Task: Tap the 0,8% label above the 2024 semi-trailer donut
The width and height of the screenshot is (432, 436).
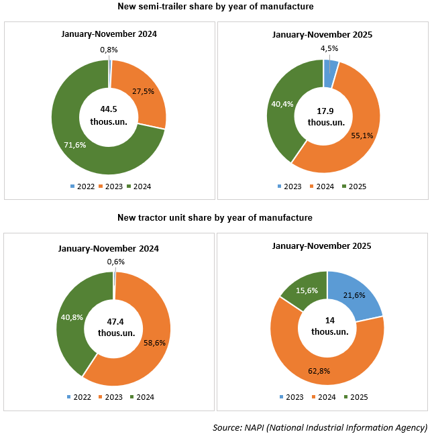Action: click(109, 49)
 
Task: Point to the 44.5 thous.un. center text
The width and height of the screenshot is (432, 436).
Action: click(109, 115)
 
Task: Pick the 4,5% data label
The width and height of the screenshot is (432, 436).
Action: click(329, 48)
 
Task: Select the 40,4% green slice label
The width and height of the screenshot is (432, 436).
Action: click(282, 103)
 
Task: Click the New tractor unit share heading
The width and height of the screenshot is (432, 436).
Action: click(215, 218)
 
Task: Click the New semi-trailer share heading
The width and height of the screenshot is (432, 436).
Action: click(215, 7)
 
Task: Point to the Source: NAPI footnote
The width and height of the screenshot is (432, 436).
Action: click(320, 427)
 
